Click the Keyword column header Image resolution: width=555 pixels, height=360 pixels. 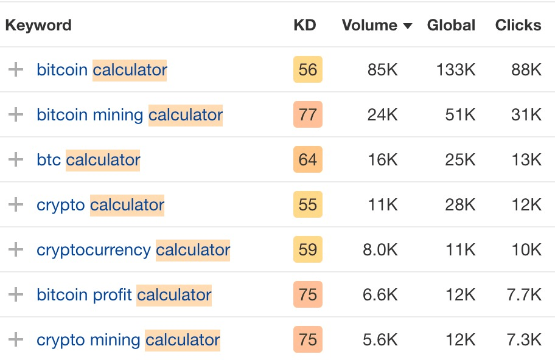38,26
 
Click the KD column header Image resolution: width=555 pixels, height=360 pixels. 304,26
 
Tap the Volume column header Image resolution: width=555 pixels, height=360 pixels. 369,26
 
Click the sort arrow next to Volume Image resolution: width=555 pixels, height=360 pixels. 408,26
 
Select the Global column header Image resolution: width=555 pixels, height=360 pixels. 451,26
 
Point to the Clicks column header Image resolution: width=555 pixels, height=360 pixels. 518,26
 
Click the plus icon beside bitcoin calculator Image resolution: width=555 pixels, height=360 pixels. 15,69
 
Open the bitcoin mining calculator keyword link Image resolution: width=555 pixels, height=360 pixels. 130,114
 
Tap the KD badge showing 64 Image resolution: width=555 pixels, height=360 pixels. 308,159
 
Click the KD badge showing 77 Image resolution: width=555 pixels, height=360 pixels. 308,114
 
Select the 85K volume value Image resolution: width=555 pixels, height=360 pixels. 382,69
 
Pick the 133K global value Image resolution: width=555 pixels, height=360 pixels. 456,69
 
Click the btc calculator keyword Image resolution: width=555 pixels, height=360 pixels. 88,159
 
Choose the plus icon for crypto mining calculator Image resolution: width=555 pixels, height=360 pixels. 15,339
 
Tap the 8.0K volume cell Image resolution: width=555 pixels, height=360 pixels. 380,249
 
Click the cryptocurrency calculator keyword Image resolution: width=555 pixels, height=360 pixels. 133,249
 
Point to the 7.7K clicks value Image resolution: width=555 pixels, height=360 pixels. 523,294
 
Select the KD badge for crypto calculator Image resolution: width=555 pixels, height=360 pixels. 308,204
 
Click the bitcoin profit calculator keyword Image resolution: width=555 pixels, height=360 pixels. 124,294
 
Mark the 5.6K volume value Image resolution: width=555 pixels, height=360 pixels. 380,339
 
